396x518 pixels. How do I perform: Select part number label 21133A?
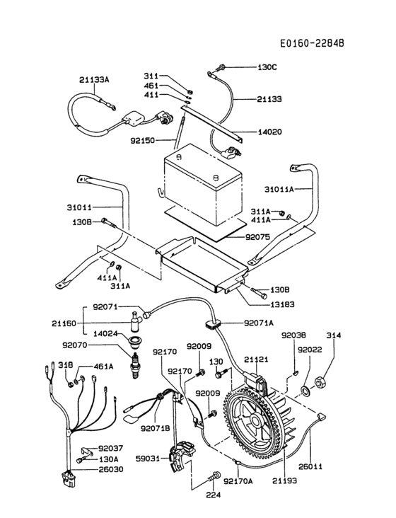click(x=94, y=80)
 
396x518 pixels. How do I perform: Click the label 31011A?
click(x=280, y=189)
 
